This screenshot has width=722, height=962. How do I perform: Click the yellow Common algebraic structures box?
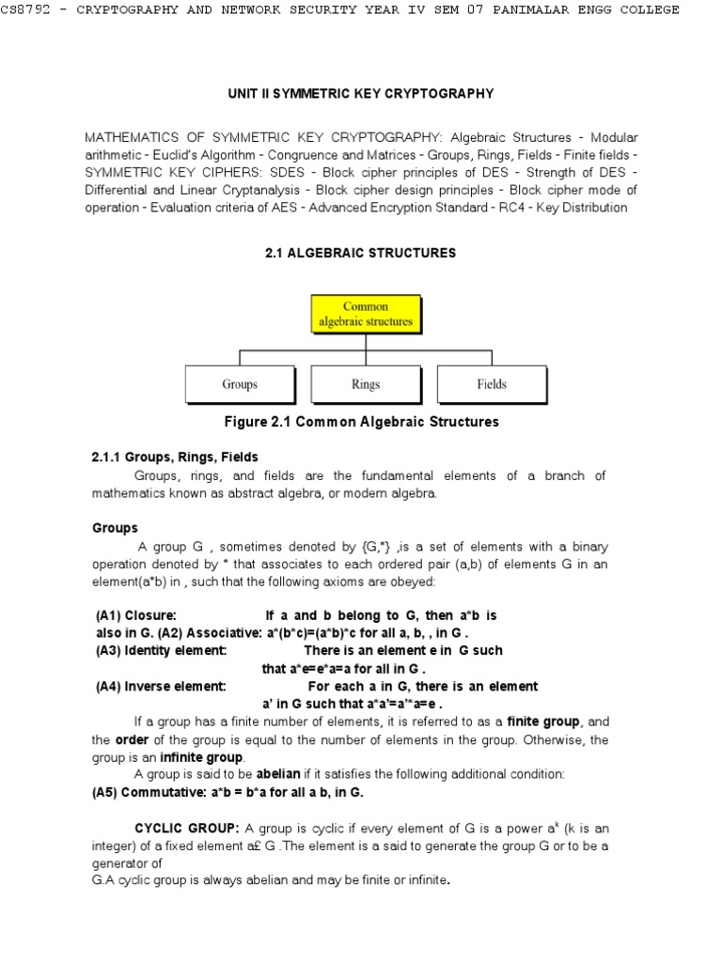[x=365, y=314]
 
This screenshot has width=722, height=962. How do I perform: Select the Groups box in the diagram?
[x=240, y=384]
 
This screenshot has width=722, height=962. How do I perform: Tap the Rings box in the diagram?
[x=366, y=384]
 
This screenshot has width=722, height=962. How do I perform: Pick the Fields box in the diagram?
[x=491, y=384]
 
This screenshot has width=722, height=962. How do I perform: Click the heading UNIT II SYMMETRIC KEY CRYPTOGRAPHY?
[x=361, y=94]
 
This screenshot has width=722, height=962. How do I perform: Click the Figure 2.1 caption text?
[x=361, y=422]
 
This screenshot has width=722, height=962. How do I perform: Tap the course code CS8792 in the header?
[x=30, y=10]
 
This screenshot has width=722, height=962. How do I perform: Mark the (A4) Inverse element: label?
[x=161, y=686]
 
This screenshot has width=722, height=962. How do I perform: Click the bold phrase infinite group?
[x=201, y=757]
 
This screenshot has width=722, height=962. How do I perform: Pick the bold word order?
[x=133, y=739]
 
